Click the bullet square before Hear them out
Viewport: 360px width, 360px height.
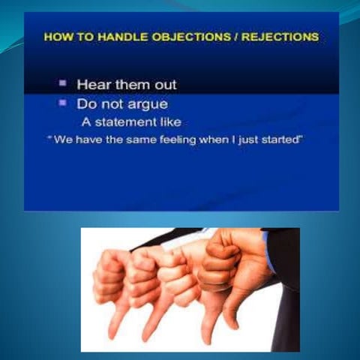click(64, 83)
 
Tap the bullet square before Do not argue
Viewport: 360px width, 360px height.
click(64, 103)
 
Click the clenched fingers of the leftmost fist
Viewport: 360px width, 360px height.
click(109, 277)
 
